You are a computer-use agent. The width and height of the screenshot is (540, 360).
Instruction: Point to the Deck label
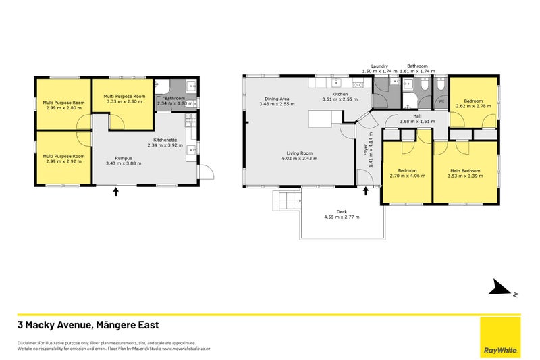341,211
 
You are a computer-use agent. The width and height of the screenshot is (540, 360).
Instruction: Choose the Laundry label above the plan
378,66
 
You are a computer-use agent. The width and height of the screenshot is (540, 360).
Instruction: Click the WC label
441,101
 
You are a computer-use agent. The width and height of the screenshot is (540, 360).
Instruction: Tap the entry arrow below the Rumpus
115,192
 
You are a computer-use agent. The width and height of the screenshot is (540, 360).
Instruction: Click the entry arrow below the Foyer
366,191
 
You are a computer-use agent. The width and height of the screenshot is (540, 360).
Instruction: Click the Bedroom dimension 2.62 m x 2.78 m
473,106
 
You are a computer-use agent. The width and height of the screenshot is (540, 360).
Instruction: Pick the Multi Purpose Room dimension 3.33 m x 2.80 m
124,102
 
